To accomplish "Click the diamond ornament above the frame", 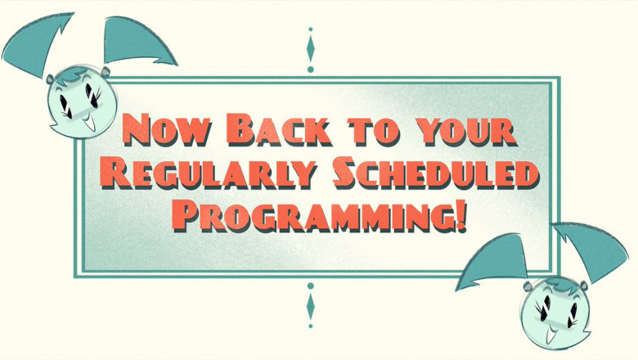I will (310, 49).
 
